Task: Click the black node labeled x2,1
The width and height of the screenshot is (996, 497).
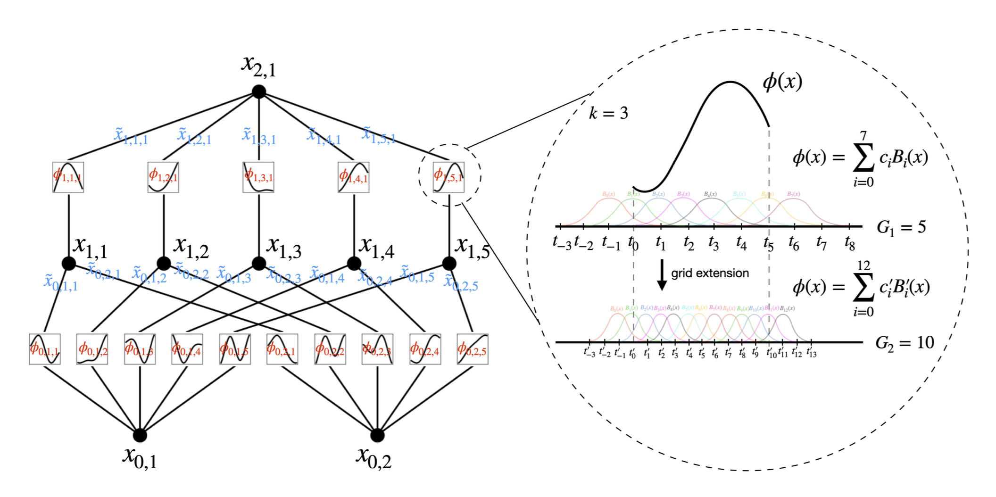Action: tap(258, 91)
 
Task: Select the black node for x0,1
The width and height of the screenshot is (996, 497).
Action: tap(140, 435)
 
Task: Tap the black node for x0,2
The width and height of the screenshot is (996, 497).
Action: tap(377, 435)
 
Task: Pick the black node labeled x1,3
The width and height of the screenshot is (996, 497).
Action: tap(258, 263)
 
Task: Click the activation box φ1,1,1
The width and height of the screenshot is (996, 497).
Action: tap(68, 177)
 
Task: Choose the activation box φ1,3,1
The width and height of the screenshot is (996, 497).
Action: tap(258, 177)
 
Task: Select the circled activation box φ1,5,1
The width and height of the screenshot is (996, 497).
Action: tap(448, 177)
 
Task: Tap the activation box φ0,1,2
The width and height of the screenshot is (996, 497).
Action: tap(92, 349)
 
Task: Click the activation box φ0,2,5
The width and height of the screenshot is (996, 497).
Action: tap(472, 349)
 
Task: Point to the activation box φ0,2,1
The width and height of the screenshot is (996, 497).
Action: tap(282, 349)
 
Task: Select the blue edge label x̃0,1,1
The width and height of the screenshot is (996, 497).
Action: tap(60, 282)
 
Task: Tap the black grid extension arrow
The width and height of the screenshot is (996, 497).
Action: tap(662, 275)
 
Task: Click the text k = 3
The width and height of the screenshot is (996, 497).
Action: tap(608, 113)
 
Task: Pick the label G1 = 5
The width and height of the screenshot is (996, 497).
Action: tap(901, 227)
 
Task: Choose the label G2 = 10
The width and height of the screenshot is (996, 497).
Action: tap(905, 342)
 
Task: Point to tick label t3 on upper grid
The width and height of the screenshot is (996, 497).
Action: tap(713, 243)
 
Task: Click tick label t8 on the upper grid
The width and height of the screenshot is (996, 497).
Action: tap(849, 243)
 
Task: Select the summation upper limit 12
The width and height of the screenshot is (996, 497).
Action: tap(863, 265)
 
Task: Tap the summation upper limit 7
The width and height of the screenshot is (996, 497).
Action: tap(863, 136)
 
